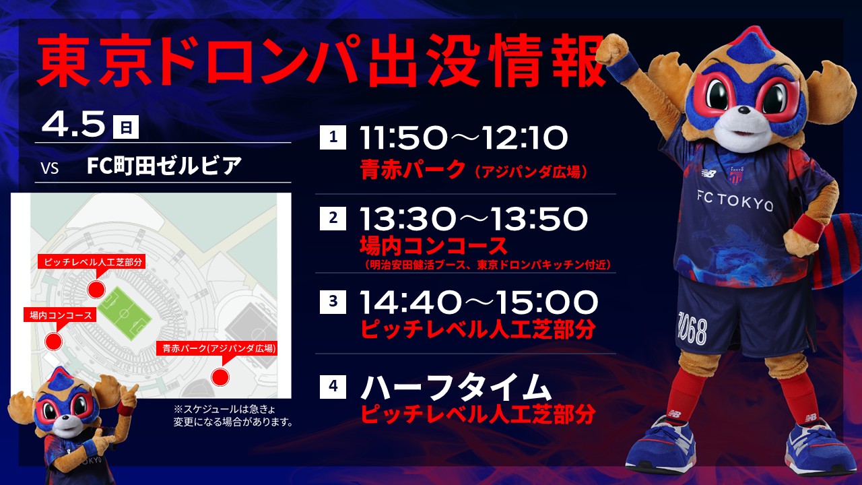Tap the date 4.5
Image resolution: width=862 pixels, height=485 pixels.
coord(73,123)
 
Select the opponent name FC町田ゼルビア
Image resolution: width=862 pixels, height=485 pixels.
coord(164,166)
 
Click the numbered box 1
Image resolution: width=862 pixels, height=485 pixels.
coord(333,137)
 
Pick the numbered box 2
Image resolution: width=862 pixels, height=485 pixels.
coord(333,218)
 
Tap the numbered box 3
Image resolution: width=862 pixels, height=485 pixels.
coord(333,301)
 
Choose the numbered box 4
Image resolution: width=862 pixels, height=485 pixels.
coord(333,386)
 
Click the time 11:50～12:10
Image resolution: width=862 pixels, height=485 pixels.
coord(464,138)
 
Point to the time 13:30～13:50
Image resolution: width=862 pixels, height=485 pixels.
coord(473,219)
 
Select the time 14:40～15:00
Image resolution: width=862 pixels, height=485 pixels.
coord(479,302)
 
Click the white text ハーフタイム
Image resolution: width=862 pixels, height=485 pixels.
coord(456,387)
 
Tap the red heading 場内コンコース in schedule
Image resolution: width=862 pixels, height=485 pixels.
coord(434,246)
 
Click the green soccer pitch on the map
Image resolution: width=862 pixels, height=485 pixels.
coord(125,315)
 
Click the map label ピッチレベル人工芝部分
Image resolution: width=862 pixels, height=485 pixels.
coord(93,263)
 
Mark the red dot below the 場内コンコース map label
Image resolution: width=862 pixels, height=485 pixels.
coord(53,342)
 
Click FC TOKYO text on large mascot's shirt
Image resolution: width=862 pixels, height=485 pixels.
coord(734,201)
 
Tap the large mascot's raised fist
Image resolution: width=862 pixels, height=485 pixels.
coord(612,48)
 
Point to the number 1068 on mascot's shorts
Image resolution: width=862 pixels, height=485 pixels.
coord(692,329)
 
